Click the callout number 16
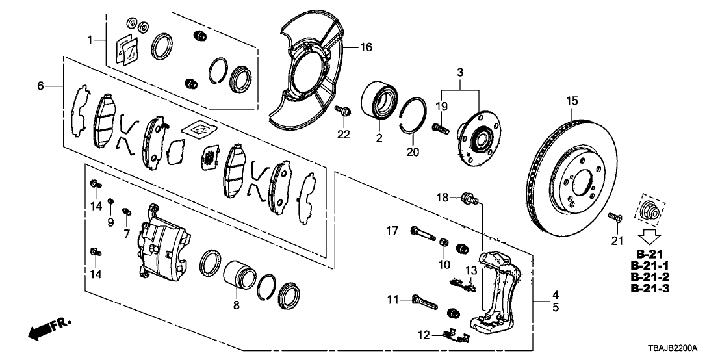[x=366, y=47]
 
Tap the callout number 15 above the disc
[x=571, y=101]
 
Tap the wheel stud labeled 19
[x=440, y=129]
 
